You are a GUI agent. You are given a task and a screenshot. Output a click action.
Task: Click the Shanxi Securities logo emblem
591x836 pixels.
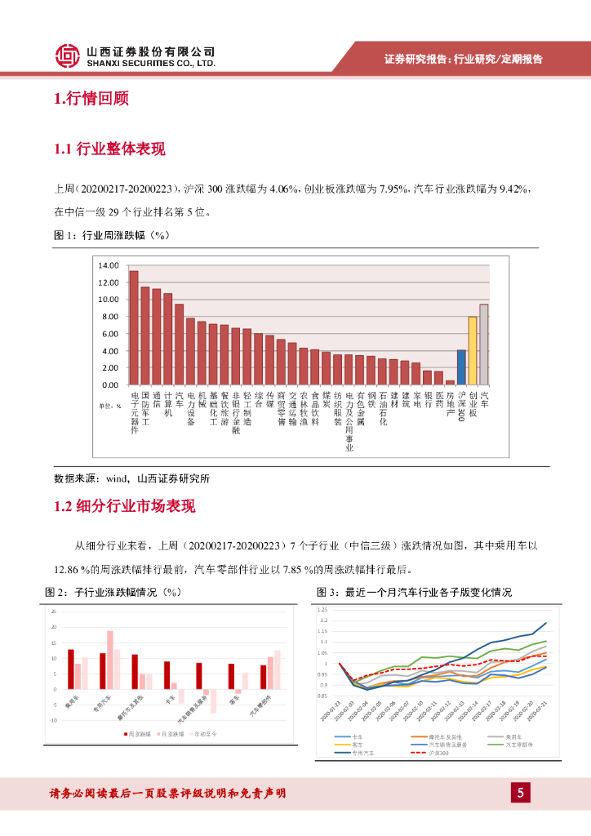pyautogui.click(x=68, y=56)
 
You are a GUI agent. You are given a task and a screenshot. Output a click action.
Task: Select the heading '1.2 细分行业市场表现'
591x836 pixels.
pyautogui.click(x=124, y=507)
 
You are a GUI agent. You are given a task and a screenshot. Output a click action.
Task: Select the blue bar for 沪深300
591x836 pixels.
pyautogui.click(x=461, y=367)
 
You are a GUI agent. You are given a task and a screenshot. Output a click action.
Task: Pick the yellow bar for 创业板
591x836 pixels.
pyautogui.click(x=473, y=350)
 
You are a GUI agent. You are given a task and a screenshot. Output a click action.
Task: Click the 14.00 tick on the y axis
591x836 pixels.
pyautogui.click(x=108, y=265)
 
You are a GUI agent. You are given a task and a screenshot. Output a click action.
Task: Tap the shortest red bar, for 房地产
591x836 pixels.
pyautogui.click(x=450, y=382)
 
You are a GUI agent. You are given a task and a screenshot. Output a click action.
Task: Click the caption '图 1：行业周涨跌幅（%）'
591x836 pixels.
pyautogui.click(x=111, y=236)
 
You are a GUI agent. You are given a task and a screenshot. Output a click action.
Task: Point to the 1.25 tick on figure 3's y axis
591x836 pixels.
pyautogui.click(x=322, y=610)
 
